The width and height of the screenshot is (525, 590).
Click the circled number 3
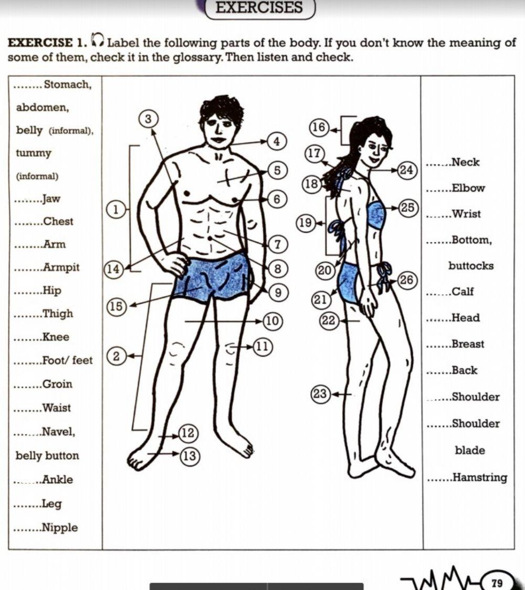pos(149,119)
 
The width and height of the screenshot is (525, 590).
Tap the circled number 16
pos(319,128)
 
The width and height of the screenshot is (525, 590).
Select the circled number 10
pos(272,320)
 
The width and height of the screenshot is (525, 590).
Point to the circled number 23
pos(320,394)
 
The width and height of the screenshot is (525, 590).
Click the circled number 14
pos(112,269)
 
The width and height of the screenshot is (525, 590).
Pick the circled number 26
pos(407,281)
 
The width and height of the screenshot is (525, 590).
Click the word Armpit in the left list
pos(61,267)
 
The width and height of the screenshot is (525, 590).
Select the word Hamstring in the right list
pos(479,478)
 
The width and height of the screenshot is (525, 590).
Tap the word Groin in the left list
pos(57,384)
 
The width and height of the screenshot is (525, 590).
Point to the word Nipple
pos(60,527)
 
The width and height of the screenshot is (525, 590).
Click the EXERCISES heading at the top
pos(259,8)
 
